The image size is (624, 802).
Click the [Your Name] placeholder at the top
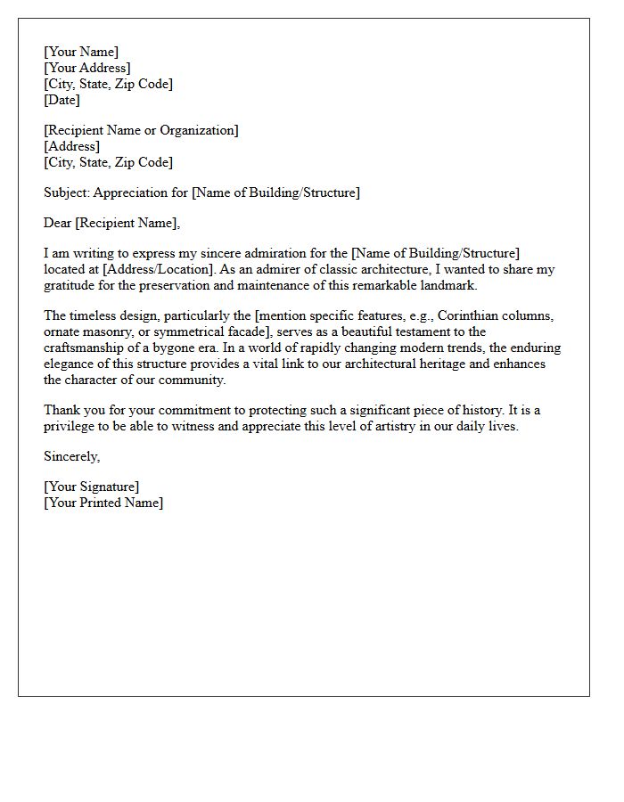(81, 53)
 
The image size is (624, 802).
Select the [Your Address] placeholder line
(87, 69)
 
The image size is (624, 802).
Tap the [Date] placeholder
(62, 101)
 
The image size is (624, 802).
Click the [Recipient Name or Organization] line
(141, 131)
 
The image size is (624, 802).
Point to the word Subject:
(67, 192)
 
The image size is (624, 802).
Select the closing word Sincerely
(72, 457)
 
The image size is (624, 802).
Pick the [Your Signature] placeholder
(92, 487)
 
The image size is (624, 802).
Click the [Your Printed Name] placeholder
(103, 503)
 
